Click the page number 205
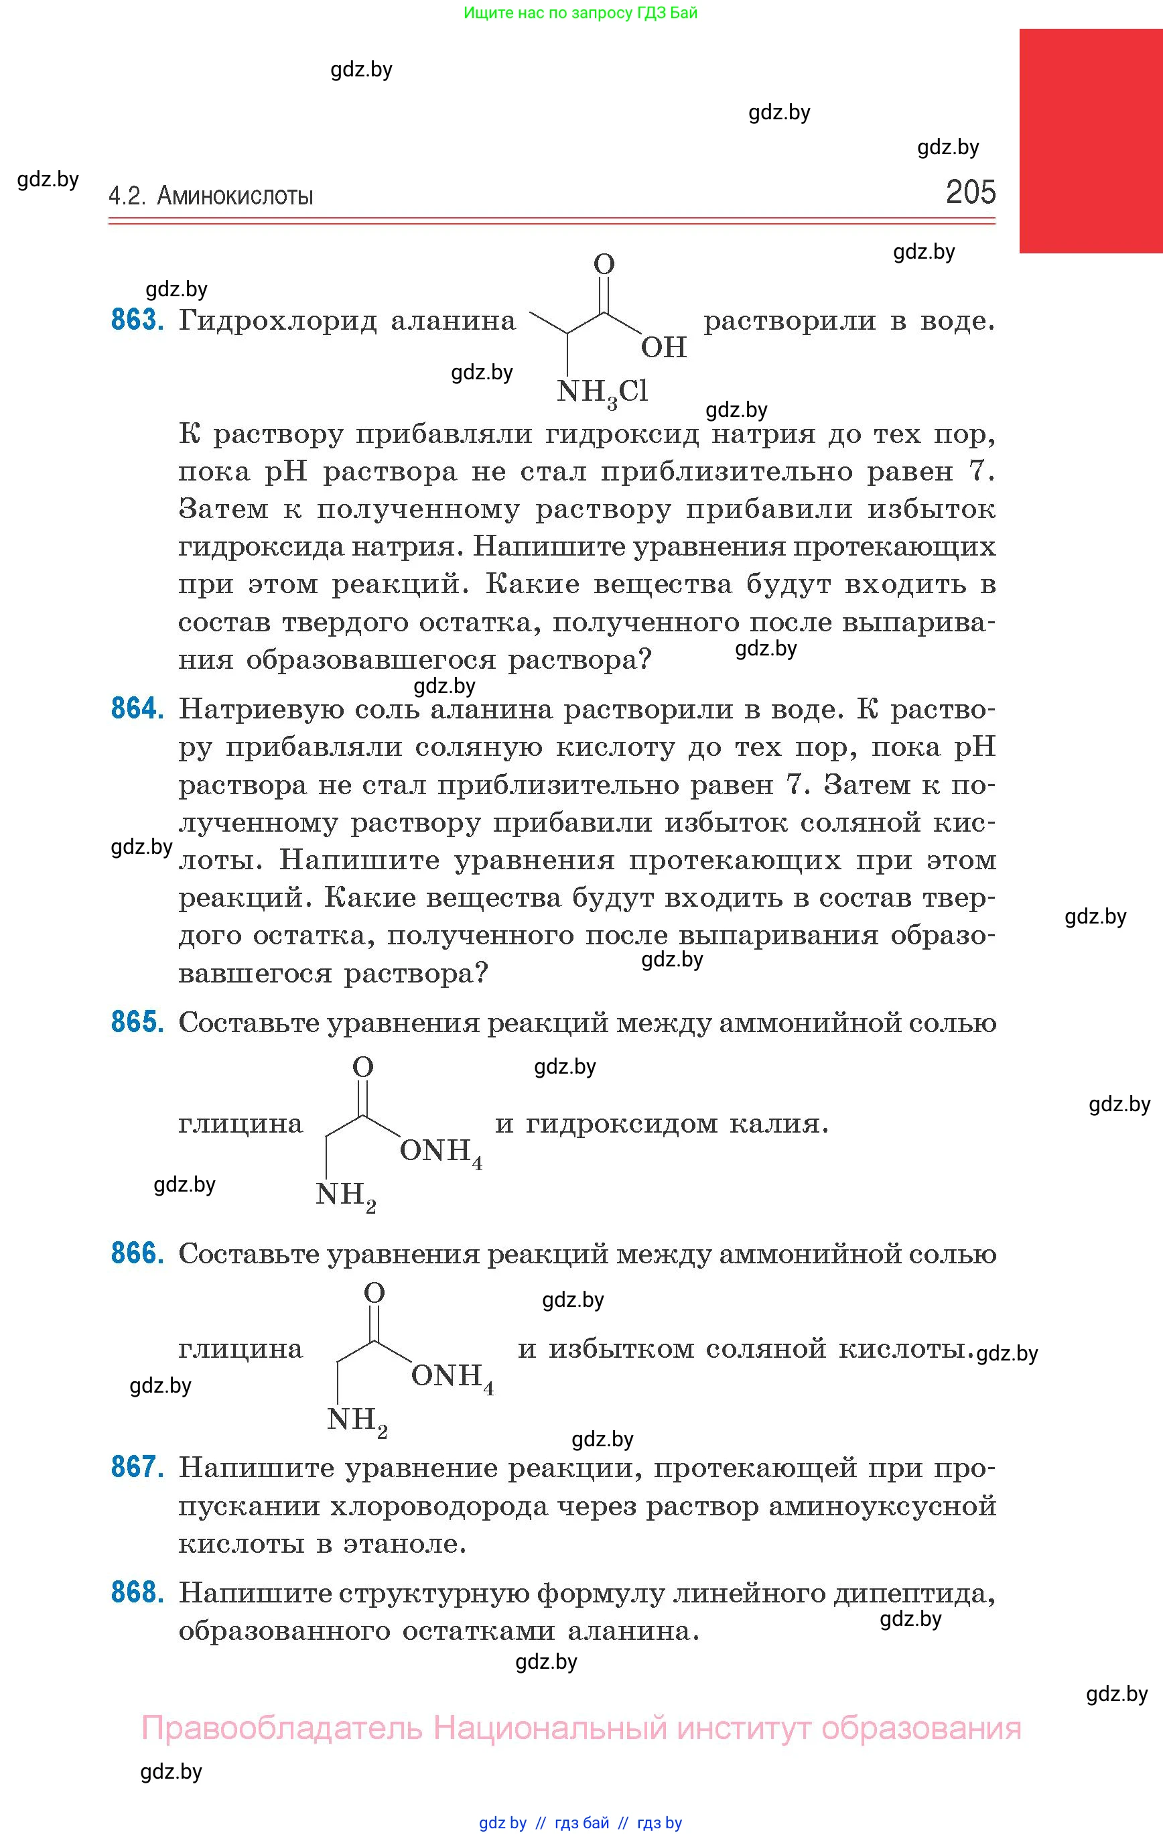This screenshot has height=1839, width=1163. click(970, 192)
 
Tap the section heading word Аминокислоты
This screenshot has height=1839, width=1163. click(234, 196)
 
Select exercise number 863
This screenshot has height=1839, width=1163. click(137, 319)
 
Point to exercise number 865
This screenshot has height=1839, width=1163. click(137, 1022)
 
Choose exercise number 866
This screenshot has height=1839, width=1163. click(137, 1253)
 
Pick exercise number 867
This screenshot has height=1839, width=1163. click(137, 1467)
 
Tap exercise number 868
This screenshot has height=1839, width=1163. click(137, 1593)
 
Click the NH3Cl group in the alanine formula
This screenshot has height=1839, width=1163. click(602, 393)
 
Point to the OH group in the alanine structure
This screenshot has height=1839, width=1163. click(664, 347)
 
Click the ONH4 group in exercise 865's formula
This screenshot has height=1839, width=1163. click(440, 1151)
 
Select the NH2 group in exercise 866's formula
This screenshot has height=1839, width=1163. click(356, 1421)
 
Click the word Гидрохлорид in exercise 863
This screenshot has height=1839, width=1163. click(278, 321)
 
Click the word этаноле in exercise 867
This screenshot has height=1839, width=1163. click(404, 1543)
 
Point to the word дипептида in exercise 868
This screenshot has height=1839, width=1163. click(913, 1594)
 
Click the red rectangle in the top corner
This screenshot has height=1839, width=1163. click(1091, 141)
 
